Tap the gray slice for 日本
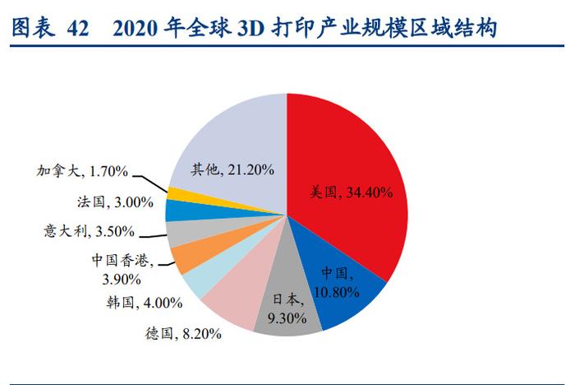point(287,317)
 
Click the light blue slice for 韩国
point(196,281)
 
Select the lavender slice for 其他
point(230,140)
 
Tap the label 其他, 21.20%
point(232,169)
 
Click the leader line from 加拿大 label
point(149,181)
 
